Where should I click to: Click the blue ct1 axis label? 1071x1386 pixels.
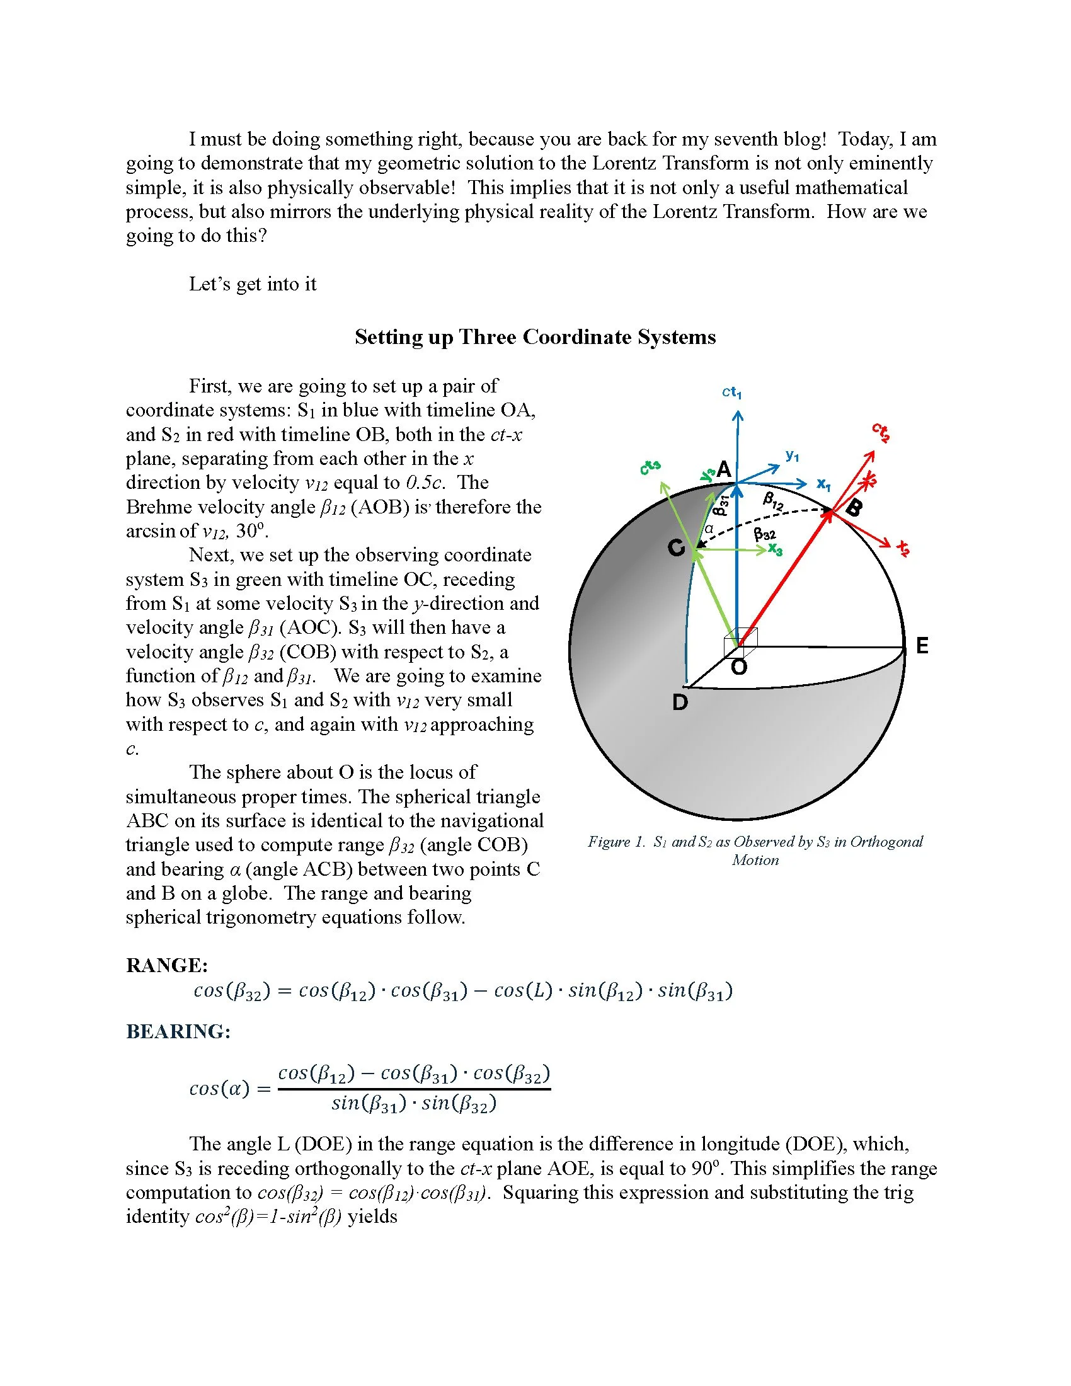731,392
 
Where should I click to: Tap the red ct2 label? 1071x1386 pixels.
881,432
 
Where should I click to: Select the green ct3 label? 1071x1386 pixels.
650,467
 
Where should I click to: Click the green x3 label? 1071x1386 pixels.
776,549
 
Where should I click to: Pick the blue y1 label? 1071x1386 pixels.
793,455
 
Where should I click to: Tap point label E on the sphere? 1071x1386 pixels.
922,646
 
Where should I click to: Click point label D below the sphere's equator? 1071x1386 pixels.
680,702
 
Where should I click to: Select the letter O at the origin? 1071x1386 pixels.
739,667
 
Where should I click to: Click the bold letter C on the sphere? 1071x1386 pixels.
677,547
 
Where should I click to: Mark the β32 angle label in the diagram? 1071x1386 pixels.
765,534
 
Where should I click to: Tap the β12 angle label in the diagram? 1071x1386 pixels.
773,501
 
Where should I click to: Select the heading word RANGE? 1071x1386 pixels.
167,965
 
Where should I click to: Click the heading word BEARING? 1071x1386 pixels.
178,1031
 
